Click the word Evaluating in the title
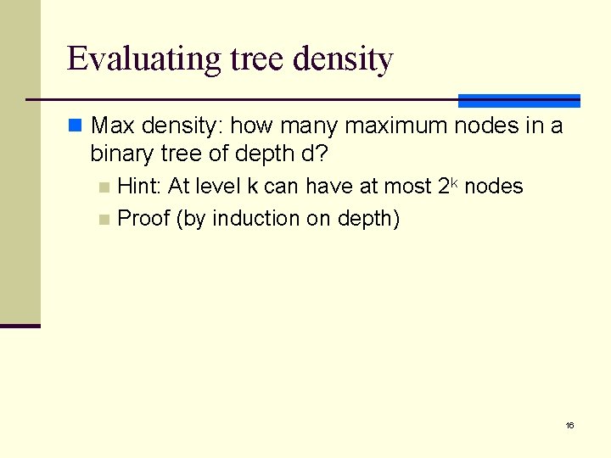click(144, 59)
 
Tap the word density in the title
click(343, 59)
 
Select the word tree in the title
click(259, 59)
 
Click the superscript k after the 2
click(454, 182)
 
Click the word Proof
click(143, 218)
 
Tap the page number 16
click(569, 425)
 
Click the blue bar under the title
click(519, 101)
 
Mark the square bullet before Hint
click(104, 187)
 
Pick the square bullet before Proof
click(104, 219)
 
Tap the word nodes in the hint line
click(495, 187)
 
